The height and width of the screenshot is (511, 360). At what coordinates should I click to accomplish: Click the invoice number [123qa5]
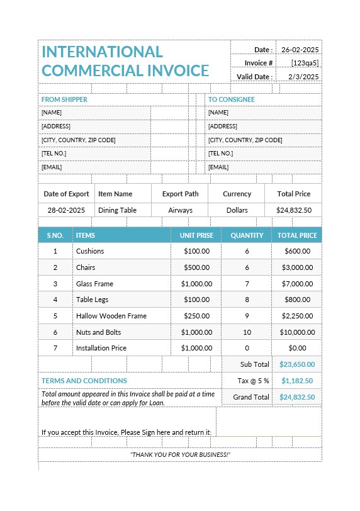pyautogui.click(x=305, y=63)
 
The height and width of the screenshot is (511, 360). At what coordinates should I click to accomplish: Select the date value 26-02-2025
pyautogui.click(x=300, y=50)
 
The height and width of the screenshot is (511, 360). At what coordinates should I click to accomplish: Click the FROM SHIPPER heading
pyautogui.click(x=64, y=99)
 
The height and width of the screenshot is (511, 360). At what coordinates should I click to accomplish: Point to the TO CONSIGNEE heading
pyautogui.click(x=232, y=99)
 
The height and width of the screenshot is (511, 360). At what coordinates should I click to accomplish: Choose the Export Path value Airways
pyautogui.click(x=180, y=210)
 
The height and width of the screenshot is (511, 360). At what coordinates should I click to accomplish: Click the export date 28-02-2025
pyautogui.click(x=66, y=210)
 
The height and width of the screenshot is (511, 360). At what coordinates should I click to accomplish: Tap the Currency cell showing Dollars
pyautogui.click(x=237, y=210)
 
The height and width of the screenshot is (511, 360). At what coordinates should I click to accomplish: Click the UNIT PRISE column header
pyautogui.click(x=196, y=235)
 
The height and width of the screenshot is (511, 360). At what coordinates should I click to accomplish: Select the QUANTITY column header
pyautogui.click(x=247, y=235)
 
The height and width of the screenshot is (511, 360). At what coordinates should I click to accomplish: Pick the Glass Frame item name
pyautogui.click(x=94, y=284)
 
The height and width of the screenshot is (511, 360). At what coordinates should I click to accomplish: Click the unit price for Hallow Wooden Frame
pyautogui.click(x=196, y=316)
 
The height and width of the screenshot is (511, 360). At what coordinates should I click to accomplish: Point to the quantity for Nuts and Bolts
pyautogui.click(x=247, y=332)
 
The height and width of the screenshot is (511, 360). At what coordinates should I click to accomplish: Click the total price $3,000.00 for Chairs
pyautogui.click(x=296, y=267)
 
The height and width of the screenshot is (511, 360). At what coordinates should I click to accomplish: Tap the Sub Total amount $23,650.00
pyautogui.click(x=297, y=364)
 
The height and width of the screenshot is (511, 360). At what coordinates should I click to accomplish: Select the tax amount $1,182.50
pyautogui.click(x=298, y=381)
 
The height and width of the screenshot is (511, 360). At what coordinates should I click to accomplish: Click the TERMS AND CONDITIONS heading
pyautogui.click(x=84, y=381)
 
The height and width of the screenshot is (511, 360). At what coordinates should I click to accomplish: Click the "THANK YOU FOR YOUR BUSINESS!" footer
pyautogui.click(x=180, y=454)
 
